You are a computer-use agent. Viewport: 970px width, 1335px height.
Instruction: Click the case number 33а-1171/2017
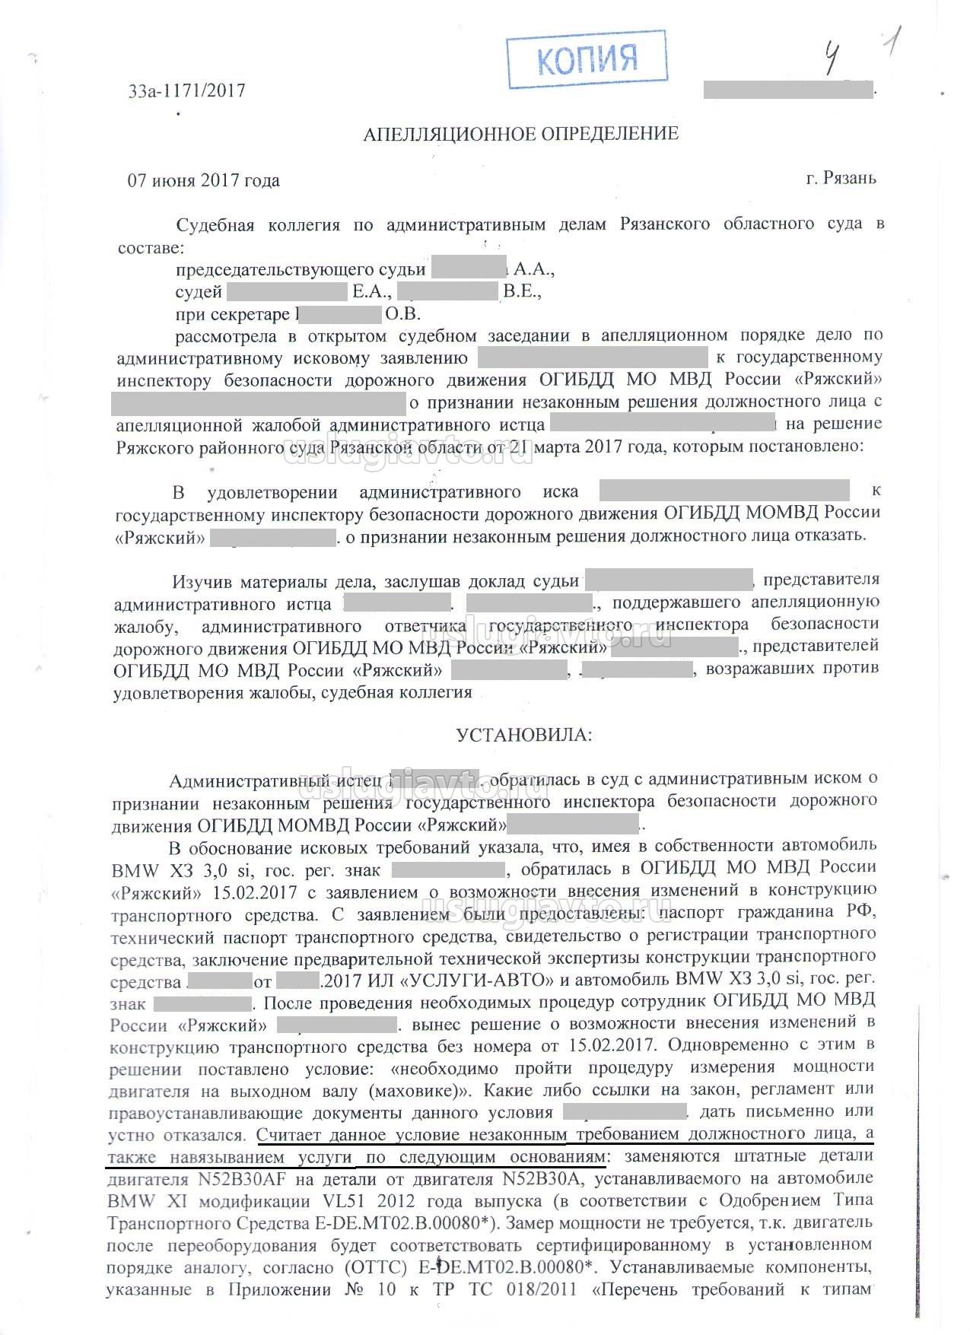[187, 91]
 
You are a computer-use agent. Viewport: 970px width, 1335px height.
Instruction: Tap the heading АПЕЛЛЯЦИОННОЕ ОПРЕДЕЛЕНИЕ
[520, 135]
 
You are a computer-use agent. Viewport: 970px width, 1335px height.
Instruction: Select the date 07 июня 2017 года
[203, 181]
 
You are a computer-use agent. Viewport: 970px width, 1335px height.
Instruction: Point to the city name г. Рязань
[841, 179]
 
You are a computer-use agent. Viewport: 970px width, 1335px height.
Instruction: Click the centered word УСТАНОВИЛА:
[523, 735]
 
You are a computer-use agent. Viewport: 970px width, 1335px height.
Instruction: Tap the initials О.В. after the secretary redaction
[403, 314]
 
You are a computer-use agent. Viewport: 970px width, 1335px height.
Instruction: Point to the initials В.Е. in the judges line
[521, 292]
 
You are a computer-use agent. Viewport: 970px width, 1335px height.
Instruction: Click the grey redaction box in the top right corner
[787, 89]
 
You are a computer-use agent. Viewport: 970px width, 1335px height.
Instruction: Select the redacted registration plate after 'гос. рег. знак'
[448, 869]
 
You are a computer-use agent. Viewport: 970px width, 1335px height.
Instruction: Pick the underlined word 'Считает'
[289, 1135]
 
